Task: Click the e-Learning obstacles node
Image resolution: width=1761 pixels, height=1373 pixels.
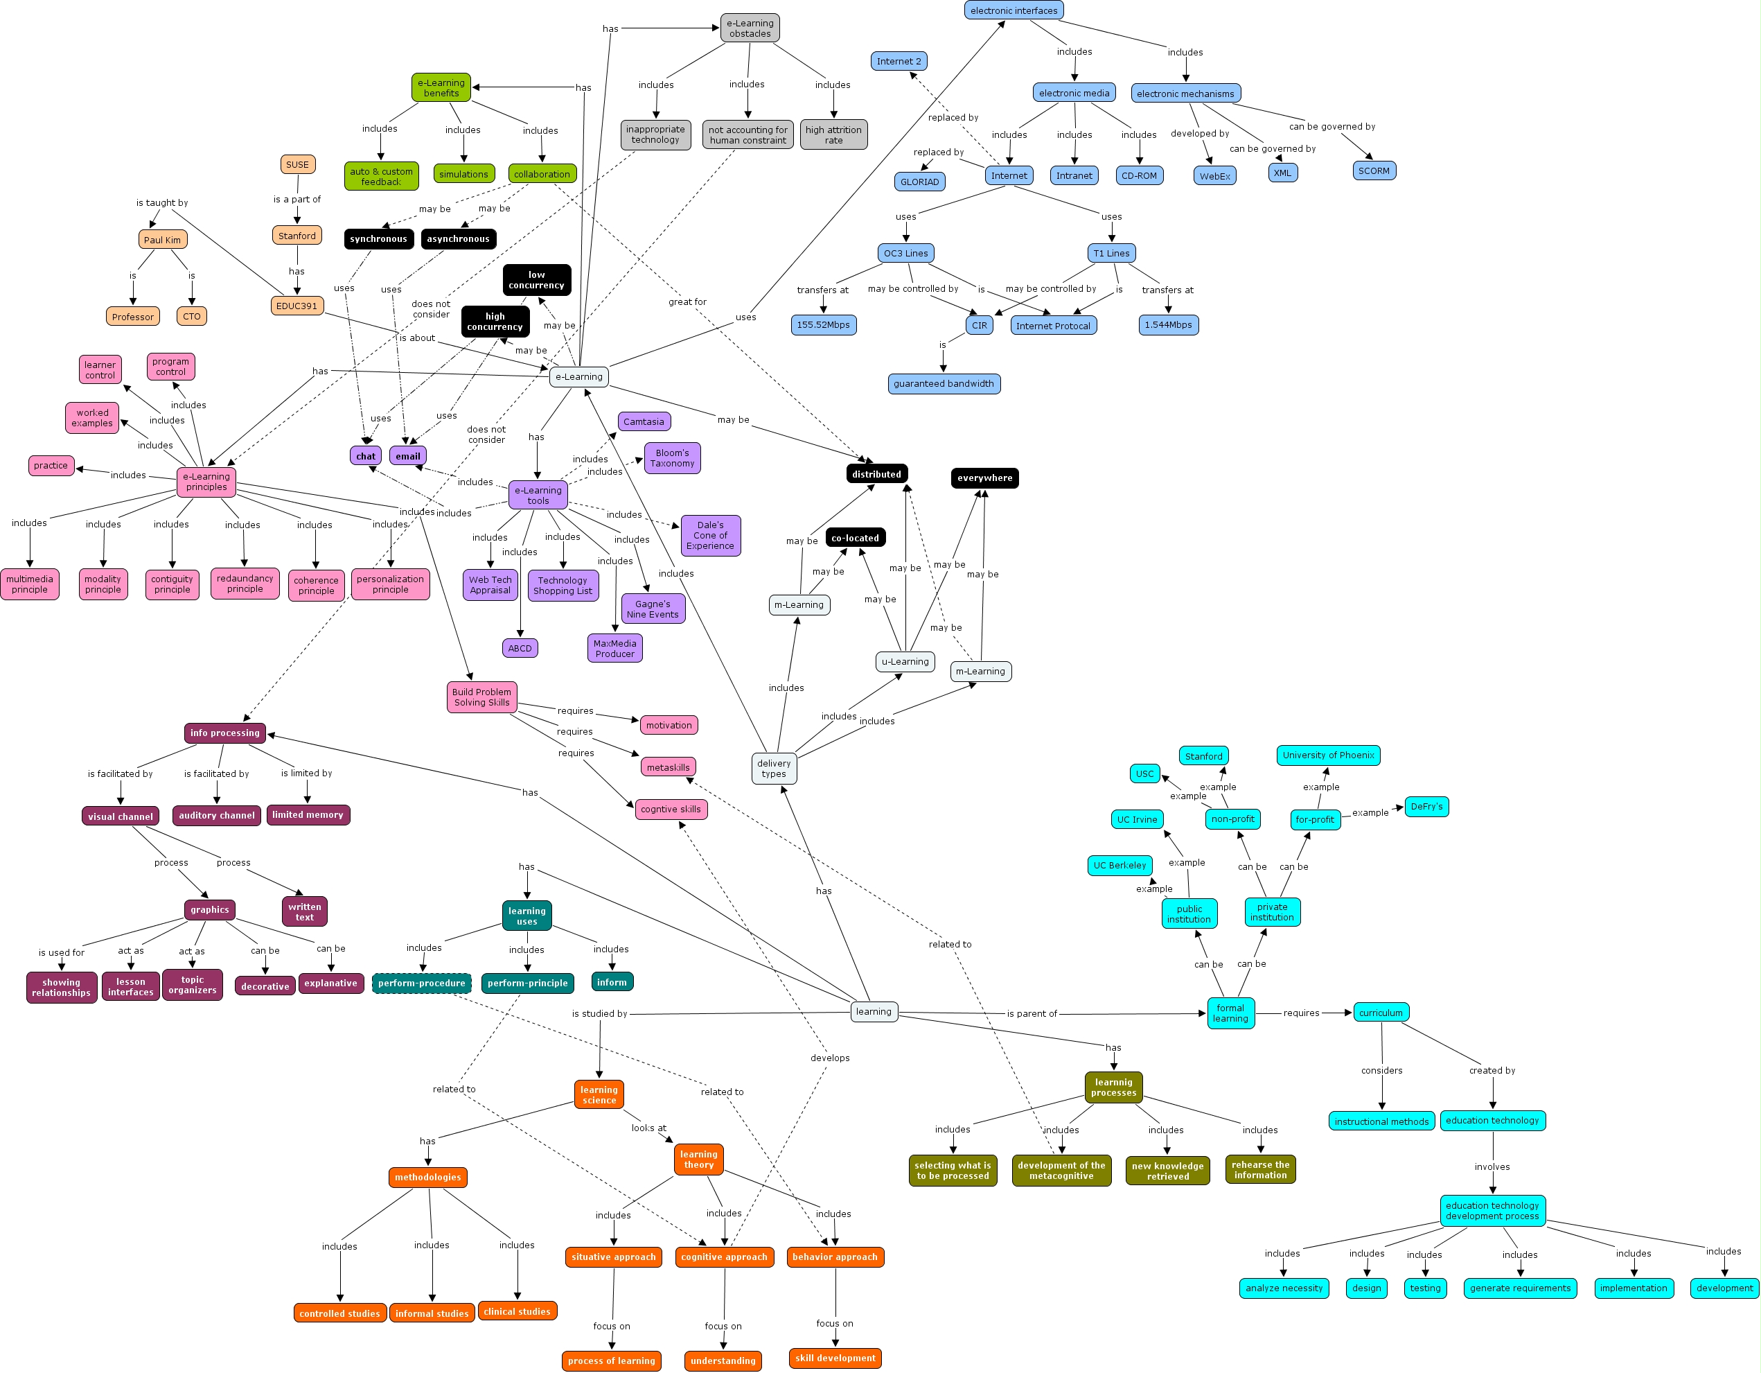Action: point(749,28)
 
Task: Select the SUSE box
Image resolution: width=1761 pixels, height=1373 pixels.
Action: point(297,164)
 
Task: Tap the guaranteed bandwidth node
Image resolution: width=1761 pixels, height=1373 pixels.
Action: point(944,384)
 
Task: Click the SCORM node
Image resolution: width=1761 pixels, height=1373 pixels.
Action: point(1374,171)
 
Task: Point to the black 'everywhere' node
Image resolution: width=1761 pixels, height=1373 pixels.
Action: point(984,478)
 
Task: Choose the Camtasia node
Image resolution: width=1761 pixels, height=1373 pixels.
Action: point(644,422)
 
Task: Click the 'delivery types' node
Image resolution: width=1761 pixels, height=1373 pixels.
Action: point(773,769)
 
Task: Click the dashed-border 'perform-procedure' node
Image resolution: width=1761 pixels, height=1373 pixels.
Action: point(422,983)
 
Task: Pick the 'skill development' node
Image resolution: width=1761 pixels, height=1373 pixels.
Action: point(835,1358)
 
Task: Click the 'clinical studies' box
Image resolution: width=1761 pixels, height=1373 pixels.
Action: point(517,1312)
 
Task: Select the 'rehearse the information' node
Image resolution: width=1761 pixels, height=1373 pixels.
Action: point(1260,1171)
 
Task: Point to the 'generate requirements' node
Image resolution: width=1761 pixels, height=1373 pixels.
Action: point(1520,1288)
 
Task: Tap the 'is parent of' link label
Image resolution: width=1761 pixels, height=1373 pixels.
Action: point(1032,1014)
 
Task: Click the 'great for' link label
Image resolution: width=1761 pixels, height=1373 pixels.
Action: point(687,301)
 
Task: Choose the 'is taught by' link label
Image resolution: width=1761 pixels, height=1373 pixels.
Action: point(162,203)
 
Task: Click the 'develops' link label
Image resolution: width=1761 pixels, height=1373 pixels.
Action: point(830,1058)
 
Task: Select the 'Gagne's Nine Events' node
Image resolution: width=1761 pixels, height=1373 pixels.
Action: point(653,609)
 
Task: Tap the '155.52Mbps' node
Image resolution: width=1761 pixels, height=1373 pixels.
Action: point(822,325)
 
